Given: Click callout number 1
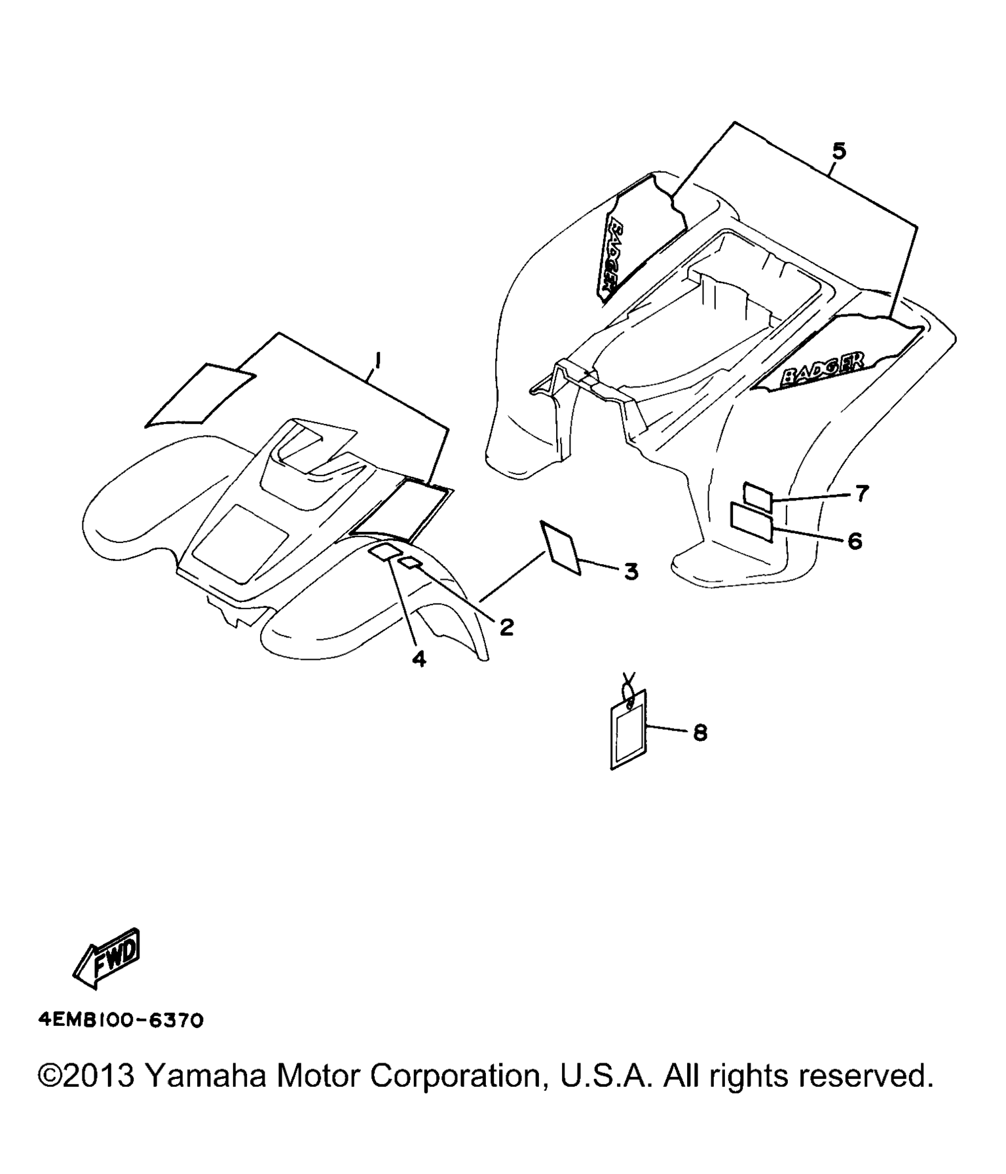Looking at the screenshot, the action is [378, 360].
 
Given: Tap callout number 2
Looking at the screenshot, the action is [506, 627].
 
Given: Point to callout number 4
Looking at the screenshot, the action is [419, 658].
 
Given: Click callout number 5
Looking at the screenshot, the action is [839, 151].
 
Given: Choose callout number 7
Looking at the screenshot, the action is [861, 493].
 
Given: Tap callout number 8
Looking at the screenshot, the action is [700, 732].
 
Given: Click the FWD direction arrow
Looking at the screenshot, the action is [106, 958].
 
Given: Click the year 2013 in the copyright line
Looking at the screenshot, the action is [98, 1076].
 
